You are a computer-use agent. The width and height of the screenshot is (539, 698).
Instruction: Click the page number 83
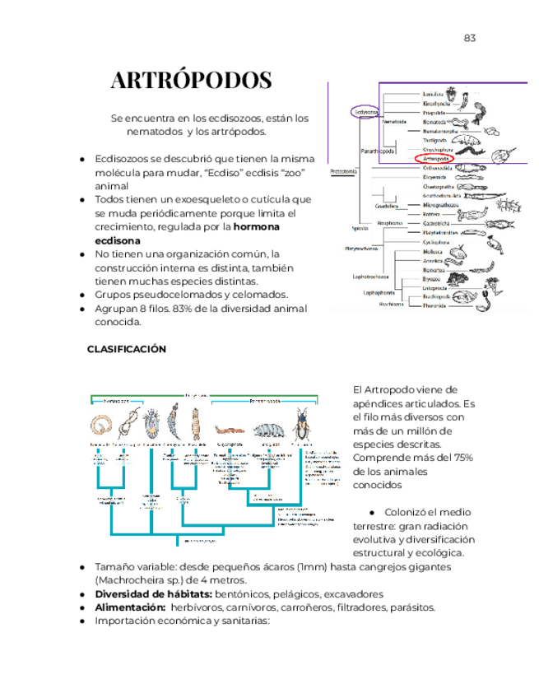tap(470, 38)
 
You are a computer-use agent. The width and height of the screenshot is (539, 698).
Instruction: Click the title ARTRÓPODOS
tap(191, 81)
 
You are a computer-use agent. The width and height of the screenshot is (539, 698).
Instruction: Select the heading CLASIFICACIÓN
tap(127, 349)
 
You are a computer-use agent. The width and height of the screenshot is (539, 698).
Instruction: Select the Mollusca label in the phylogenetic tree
tap(434, 252)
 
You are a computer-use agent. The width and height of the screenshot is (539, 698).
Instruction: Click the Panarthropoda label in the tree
tap(377, 151)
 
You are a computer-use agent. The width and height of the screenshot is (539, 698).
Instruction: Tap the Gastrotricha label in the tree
tap(437, 223)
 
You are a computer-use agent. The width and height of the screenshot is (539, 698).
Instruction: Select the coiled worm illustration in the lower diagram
tap(102, 426)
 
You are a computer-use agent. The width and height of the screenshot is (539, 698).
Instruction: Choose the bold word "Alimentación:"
tap(132, 607)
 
